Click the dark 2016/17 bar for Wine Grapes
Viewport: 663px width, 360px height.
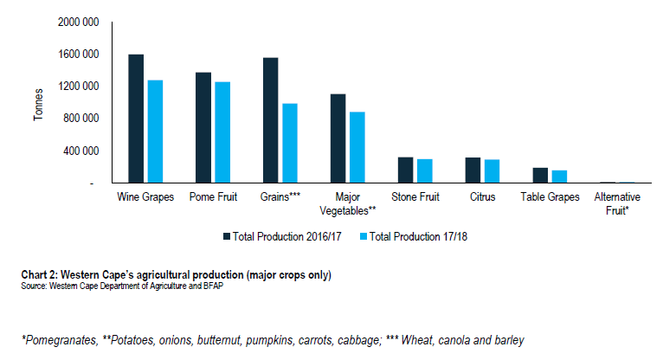(x=136, y=119)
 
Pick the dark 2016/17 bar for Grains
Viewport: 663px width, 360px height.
(x=271, y=120)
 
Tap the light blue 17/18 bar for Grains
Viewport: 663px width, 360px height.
(x=289, y=144)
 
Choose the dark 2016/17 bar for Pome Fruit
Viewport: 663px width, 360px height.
(x=203, y=127)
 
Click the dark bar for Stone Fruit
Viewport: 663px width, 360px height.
(x=406, y=170)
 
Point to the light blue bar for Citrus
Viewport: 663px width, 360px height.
(x=492, y=171)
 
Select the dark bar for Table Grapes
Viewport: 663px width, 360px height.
(x=541, y=175)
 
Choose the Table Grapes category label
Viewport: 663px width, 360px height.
(x=550, y=197)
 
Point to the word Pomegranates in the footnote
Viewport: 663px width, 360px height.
(x=53, y=340)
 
